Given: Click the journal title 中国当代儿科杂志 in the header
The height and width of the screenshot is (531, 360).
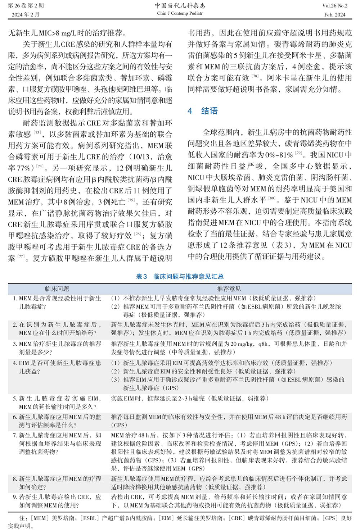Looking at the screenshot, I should click(x=180, y=6).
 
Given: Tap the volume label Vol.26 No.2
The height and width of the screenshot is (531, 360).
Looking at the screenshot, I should click(x=335, y=6).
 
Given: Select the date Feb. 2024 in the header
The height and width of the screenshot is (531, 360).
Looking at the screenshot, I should click(x=334, y=15).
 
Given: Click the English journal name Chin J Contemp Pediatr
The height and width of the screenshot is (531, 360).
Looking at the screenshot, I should click(x=180, y=14).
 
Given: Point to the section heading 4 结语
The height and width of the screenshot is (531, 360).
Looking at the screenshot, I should click(x=203, y=111).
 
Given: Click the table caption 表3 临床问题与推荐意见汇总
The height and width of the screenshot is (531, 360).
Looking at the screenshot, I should click(x=180, y=276).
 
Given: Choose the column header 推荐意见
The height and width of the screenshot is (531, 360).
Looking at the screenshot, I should click(x=229, y=289).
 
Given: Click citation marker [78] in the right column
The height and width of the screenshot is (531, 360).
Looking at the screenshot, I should click(x=255, y=76).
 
